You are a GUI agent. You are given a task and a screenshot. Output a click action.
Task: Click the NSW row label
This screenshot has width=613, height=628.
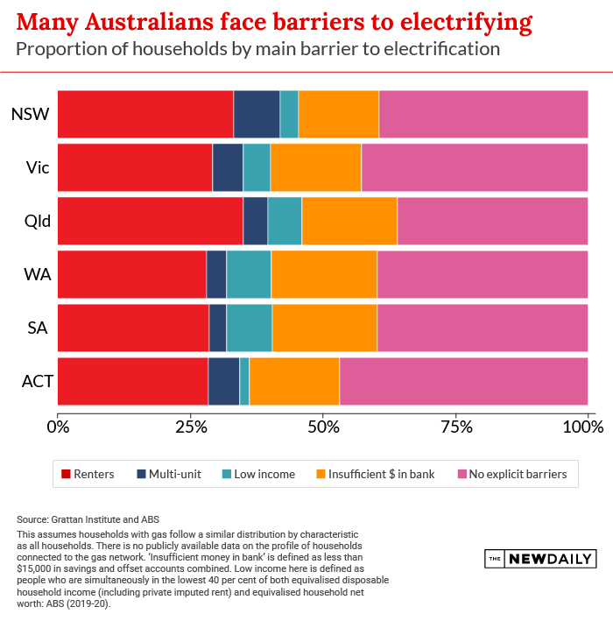click(29, 114)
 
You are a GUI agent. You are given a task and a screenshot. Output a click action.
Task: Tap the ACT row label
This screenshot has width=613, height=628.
click(38, 381)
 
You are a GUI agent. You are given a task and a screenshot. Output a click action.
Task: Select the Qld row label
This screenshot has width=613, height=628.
click(36, 221)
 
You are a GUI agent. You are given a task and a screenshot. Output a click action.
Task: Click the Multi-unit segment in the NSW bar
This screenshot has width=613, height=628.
click(257, 114)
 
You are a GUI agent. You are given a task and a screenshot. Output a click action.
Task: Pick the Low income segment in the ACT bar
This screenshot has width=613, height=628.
click(244, 381)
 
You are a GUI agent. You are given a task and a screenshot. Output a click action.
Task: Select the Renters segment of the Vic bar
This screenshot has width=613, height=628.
click(135, 167)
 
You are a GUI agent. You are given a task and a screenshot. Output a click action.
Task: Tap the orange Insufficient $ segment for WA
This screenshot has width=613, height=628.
click(324, 274)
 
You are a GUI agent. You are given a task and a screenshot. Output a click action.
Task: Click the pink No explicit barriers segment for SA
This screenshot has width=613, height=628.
click(483, 328)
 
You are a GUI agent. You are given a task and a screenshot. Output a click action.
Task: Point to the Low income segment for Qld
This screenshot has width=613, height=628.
click(285, 221)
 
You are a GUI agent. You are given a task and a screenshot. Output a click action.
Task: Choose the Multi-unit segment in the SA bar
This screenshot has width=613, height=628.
click(218, 328)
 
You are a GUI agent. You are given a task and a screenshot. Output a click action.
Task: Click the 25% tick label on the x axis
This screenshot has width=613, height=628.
click(190, 428)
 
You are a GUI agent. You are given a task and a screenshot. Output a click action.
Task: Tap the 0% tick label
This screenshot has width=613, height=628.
click(58, 428)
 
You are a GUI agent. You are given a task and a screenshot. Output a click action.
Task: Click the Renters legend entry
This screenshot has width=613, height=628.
click(88, 474)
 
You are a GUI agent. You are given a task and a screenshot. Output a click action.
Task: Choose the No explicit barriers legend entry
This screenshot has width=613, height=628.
click(512, 474)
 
